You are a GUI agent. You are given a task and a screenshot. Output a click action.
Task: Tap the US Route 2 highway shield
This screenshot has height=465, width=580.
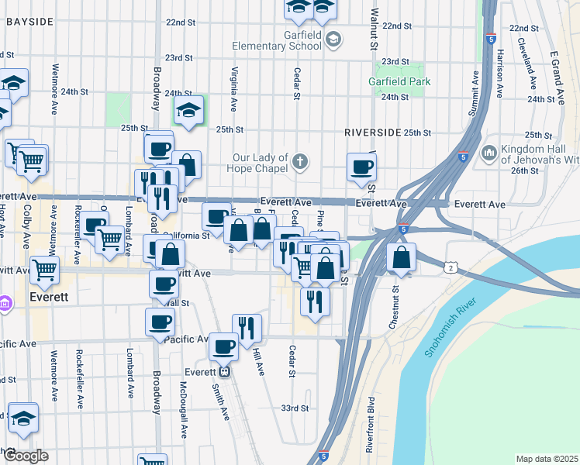pos(451,267)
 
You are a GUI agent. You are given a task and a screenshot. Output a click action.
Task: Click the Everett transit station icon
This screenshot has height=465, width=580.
pos(223,372)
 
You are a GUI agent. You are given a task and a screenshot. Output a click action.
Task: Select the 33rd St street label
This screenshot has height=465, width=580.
pos(295,408)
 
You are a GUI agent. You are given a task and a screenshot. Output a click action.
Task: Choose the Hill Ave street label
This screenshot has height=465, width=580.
pos(258,360)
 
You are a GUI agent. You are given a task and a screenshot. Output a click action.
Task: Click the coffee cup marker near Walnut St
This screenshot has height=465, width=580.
pos(361,167)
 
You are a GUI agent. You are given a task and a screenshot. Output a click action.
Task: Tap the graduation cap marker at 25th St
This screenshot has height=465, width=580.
pos(188,112)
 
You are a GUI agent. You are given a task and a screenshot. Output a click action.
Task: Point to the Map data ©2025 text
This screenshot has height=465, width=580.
pos(547,459)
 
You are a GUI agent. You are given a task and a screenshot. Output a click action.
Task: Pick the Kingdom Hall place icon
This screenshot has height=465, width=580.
pos(489,152)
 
